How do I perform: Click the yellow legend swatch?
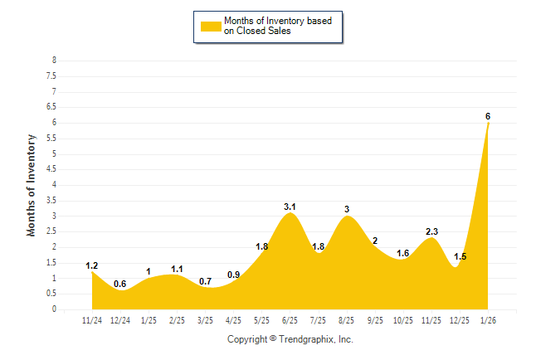click(x=210, y=26)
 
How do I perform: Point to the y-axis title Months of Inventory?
click(x=32, y=185)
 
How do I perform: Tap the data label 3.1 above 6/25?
click(x=290, y=207)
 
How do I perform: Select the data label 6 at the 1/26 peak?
click(x=488, y=116)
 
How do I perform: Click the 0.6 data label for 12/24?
click(x=120, y=285)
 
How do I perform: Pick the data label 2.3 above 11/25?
click(x=431, y=231)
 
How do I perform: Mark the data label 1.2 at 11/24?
click(x=92, y=265)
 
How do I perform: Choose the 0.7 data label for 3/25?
click(x=205, y=281)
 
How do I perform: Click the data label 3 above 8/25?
click(x=347, y=209)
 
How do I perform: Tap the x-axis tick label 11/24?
click(x=92, y=319)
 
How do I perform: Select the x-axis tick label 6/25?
click(x=290, y=319)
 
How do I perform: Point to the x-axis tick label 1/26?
click(x=488, y=319)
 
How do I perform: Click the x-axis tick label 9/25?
click(x=374, y=319)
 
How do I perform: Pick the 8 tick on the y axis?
click(x=54, y=61)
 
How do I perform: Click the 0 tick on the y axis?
click(x=54, y=309)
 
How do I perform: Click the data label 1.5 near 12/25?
click(x=460, y=257)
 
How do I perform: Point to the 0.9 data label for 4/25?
click(x=233, y=275)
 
